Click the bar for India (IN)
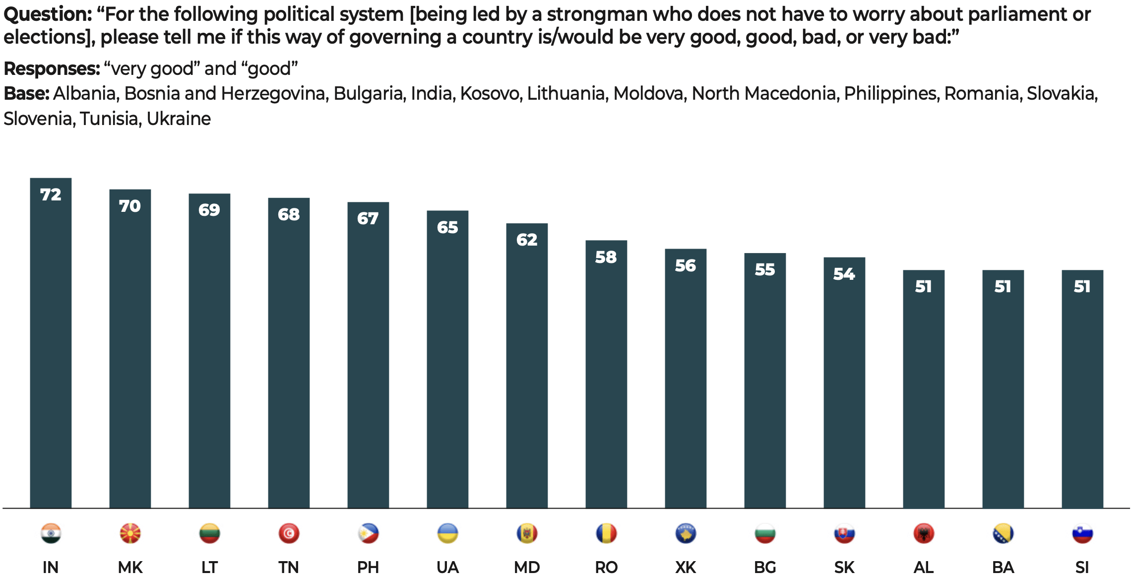click(x=51, y=342)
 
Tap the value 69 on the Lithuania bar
click(x=209, y=210)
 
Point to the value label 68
click(x=289, y=214)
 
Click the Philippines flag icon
click(x=368, y=533)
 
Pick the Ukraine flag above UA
click(x=447, y=533)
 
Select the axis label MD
click(x=527, y=567)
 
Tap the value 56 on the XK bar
click(x=686, y=266)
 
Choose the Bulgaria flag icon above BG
click(x=765, y=533)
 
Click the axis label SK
click(x=844, y=567)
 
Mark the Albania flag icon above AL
click(x=924, y=533)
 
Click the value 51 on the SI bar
click(x=1082, y=287)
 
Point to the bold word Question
click(x=48, y=15)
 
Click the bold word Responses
click(x=52, y=69)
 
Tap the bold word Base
click(x=26, y=94)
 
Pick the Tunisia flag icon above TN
click(x=289, y=533)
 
